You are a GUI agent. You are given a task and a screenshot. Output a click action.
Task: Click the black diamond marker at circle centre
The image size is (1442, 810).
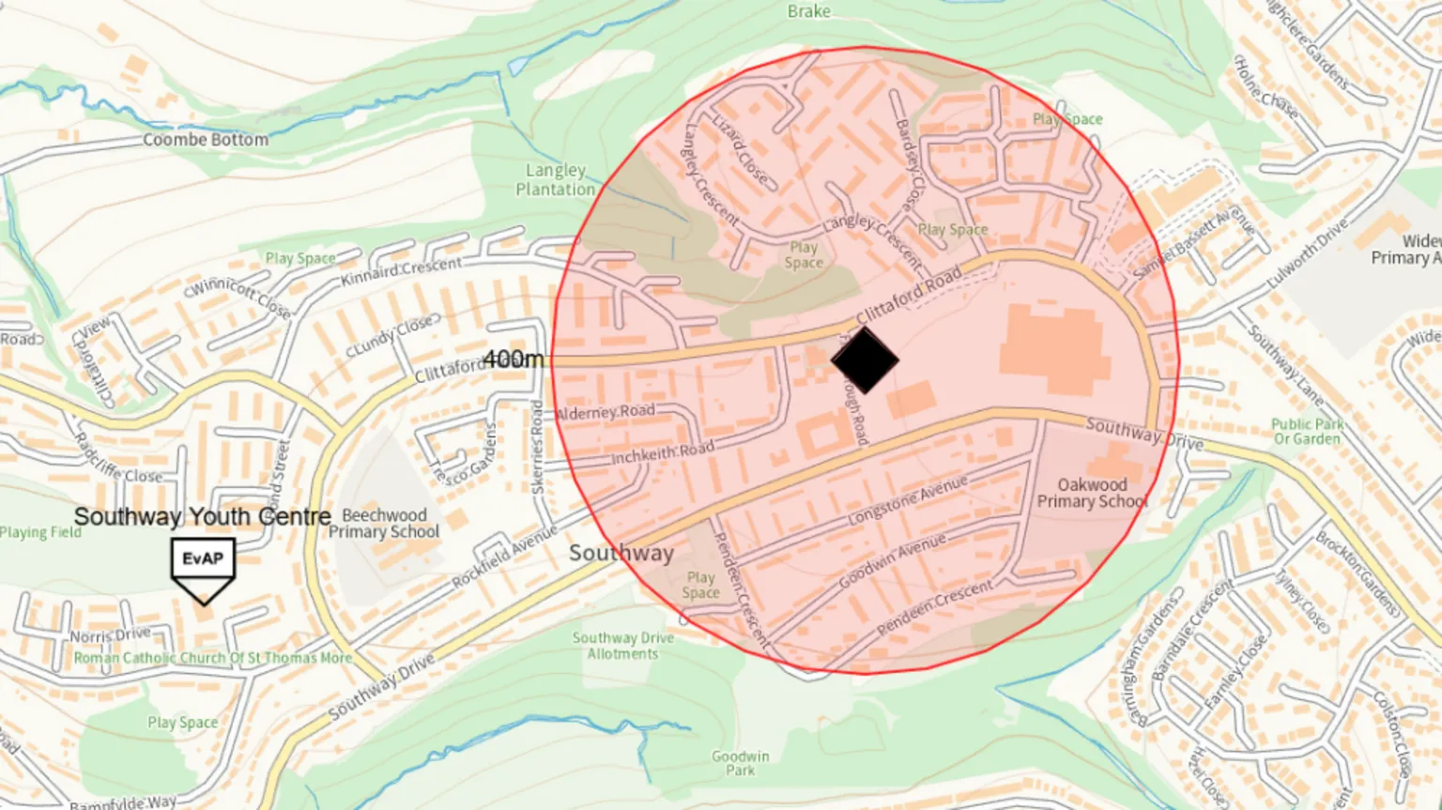865,359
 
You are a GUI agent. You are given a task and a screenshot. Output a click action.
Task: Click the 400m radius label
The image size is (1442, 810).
514,359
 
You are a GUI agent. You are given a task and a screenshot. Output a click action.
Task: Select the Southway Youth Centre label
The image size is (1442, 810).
202,517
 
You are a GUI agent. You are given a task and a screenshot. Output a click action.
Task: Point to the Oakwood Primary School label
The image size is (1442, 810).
1092,493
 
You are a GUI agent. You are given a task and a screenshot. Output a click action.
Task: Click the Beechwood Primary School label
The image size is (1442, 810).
383,524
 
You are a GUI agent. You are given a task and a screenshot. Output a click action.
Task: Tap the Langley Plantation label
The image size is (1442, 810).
555,179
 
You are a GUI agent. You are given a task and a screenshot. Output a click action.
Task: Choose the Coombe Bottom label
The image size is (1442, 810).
205,140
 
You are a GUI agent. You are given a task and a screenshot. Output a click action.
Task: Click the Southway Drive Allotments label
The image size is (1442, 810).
622,646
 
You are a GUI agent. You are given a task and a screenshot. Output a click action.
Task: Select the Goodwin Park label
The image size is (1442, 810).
740,763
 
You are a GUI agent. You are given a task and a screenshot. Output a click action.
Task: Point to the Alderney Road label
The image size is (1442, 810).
606,412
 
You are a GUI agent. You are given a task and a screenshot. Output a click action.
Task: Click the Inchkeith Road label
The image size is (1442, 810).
662,453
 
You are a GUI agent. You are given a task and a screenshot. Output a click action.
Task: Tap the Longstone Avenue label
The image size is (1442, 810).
907,501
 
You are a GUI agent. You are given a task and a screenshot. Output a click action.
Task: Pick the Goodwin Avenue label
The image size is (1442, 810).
892,561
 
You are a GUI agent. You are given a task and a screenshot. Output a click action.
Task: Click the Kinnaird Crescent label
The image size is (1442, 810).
401,271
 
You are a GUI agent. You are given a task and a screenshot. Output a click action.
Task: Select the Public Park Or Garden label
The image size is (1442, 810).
1306,432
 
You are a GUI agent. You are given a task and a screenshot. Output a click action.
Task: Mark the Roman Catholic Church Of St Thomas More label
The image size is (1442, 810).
212,658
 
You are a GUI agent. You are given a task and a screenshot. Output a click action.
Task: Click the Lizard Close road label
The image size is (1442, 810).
740,151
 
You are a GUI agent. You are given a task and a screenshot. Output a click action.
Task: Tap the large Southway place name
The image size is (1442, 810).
621,553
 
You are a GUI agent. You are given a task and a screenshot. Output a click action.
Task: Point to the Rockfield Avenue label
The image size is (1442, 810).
504,558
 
